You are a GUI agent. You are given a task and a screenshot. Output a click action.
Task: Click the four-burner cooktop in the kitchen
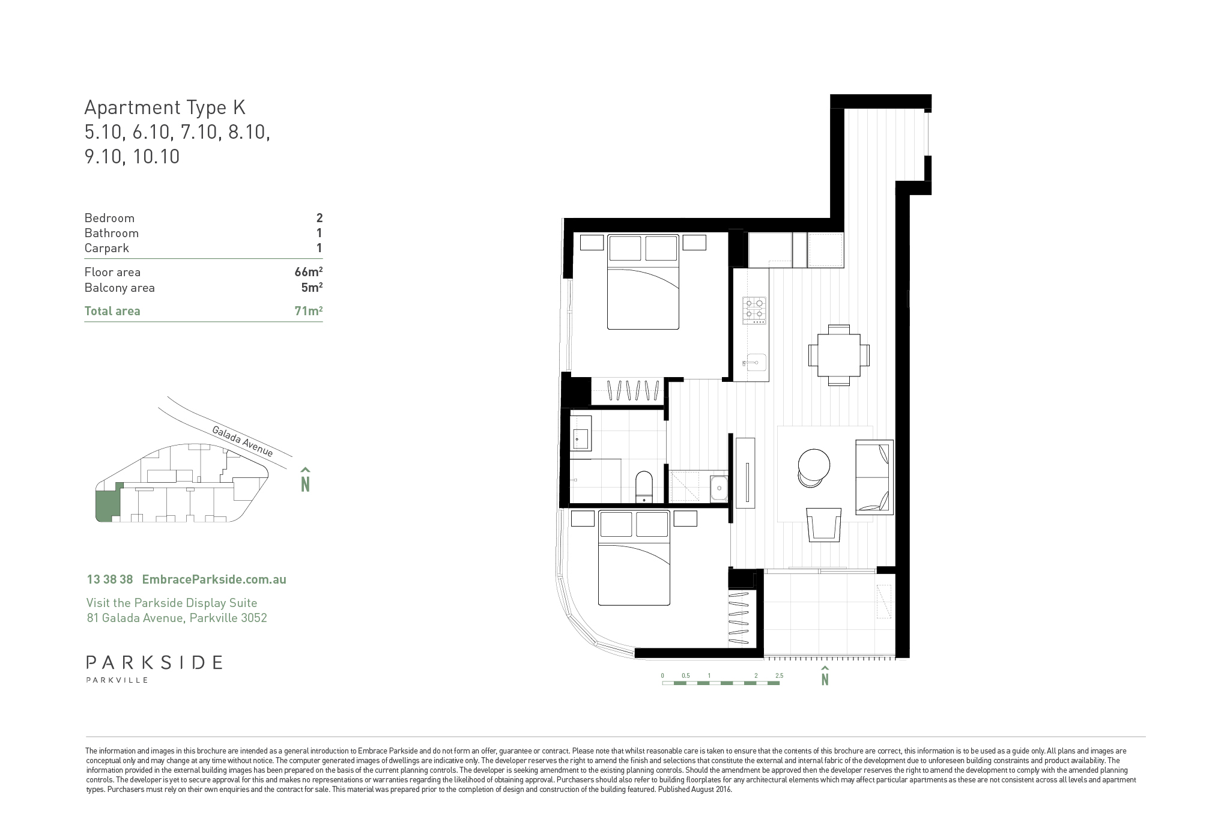click(x=755, y=310)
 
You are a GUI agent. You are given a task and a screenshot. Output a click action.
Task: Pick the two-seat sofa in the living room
click(x=874, y=477)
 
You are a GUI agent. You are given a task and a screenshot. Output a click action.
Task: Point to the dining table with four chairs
click(x=838, y=355)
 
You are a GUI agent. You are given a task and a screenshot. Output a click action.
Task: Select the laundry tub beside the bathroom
click(x=718, y=489)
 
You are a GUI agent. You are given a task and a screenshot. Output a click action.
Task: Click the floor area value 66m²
click(x=309, y=272)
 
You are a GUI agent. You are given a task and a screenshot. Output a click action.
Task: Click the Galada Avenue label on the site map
click(x=242, y=441)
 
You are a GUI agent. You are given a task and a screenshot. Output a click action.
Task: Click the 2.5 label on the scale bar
click(x=779, y=676)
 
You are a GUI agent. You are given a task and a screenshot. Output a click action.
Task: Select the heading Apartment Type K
click(x=165, y=108)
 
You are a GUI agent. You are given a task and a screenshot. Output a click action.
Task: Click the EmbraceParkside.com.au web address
click(x=214, y=579)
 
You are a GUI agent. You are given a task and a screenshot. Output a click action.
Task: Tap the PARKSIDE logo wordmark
click(x=154, y=663)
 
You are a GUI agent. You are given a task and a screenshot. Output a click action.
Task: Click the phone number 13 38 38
click(x=110, y=579)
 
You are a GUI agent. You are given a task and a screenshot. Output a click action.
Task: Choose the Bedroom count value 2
click(x=320, y=218)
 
